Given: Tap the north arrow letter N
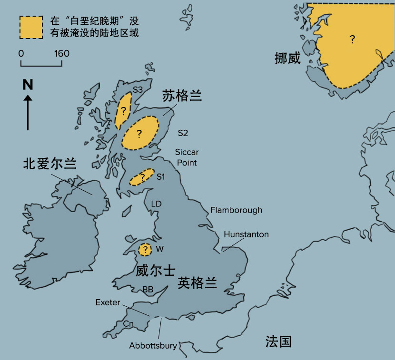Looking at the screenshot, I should tap(28, 85).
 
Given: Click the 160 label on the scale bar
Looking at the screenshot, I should tap(61, 53).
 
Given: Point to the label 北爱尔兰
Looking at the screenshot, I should tap(49, 164).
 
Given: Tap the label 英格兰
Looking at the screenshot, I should tap(197, 283).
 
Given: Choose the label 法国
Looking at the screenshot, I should tap(278, 341).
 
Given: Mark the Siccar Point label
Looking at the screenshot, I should tap(187, 157).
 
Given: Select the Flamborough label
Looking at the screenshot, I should tap(236, 210).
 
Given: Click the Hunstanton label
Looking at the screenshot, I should tap(246, 234).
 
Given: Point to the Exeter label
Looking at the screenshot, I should tap(108, 302).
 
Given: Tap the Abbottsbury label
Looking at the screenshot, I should tap(153, 346).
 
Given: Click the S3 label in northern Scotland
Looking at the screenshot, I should tap(138, 89).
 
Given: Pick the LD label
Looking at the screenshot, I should tap(157, 204).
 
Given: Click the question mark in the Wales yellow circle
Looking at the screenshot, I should tap(145, 249).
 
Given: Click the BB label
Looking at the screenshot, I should tap(148, 289).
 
